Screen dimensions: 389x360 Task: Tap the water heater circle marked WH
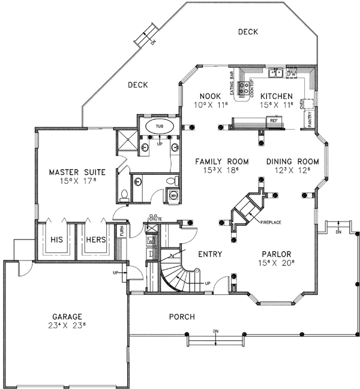click(173, 195)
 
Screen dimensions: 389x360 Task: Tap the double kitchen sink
click(275, 73)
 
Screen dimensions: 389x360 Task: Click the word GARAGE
click(67, 316)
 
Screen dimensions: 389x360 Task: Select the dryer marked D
click(151, 253)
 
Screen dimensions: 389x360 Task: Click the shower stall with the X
click(127, 139)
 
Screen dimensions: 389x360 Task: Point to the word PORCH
click(180, 316)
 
